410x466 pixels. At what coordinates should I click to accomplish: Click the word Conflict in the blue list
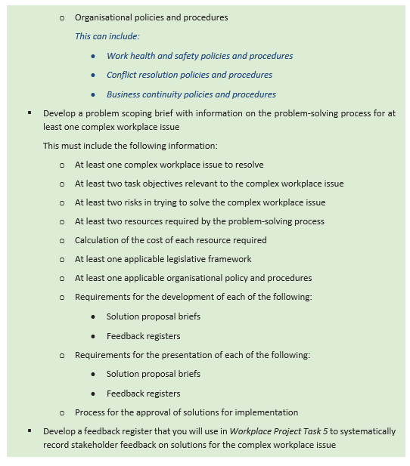[x=122, y=75]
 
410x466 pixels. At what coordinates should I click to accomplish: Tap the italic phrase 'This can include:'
[x=107, y=36]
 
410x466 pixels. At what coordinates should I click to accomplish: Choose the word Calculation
[x=99, y=240]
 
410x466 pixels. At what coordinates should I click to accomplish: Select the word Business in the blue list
[x=124, y=94]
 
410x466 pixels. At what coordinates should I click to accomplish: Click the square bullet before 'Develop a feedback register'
[x=29, y=431]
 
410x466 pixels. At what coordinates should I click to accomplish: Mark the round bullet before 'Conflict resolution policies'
[x=92, y=75]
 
